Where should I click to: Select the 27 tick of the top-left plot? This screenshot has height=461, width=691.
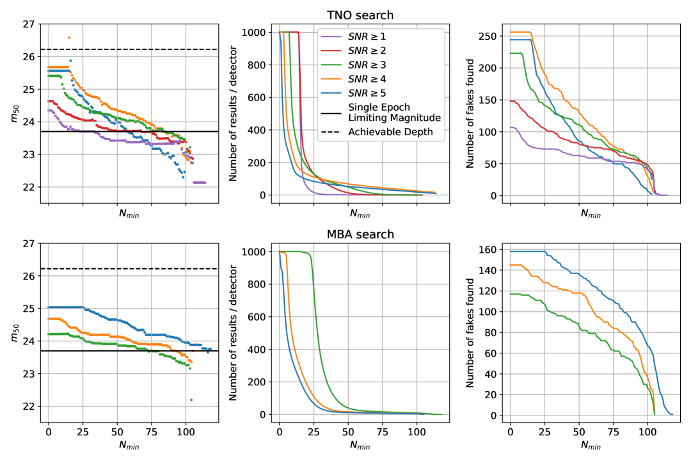pos(29,24)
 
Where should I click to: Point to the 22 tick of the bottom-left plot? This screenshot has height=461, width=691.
pos(29,406)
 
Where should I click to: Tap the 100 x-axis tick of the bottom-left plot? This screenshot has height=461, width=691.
pos(186,426)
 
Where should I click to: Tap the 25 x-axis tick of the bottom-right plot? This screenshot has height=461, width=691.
pos(544,426)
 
